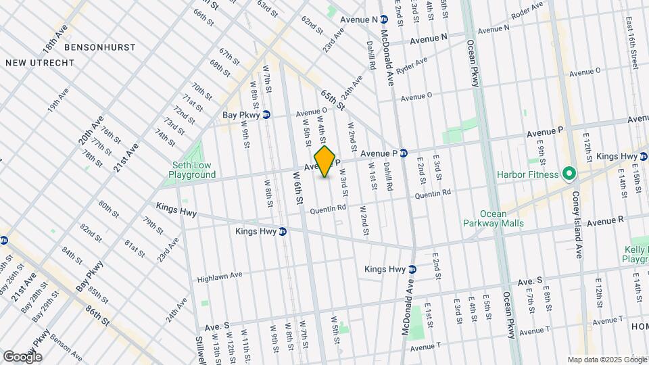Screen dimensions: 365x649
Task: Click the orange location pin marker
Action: click(325, 162)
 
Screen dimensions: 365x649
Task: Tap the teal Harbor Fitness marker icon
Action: click(569, 175)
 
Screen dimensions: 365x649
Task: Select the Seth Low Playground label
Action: click(192, 170)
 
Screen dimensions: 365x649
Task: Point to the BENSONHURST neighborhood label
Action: click(99, 48)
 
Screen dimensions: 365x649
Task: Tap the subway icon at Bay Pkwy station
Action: click(266, 115)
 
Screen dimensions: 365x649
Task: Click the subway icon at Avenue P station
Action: click(403, 153)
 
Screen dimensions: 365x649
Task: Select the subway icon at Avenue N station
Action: click(383, 20)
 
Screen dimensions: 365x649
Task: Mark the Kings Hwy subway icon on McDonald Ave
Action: click(412, 269)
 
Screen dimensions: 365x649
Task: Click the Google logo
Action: click(22, 356)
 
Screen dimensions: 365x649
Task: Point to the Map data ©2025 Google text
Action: click(606, 359)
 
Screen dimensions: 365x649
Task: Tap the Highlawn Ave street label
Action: click(219, 277)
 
